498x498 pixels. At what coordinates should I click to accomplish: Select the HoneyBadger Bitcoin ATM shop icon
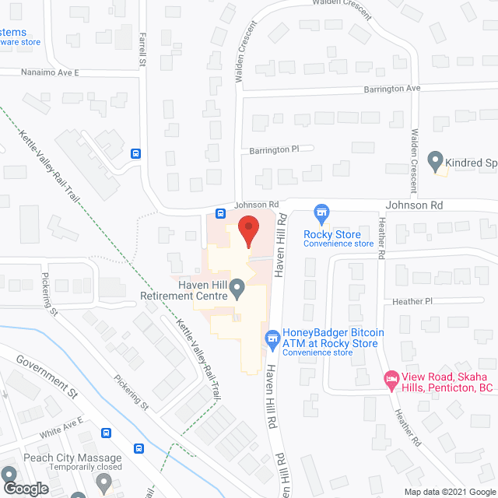pyautogui.click(x=272, y=338)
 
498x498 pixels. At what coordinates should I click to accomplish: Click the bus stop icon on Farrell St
pyautogui.click(x=136, y=153)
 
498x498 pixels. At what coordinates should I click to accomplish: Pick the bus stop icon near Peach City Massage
pyautogui.click(x=139, y=447)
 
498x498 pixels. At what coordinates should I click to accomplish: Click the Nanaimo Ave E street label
pyautogui.click(x=40, y=72)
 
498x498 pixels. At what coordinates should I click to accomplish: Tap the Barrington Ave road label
pyautogui.click(x=391, y=89)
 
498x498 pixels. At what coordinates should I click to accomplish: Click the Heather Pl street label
pyautogui.click(x=413, y=301)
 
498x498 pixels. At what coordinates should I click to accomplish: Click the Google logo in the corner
pyautogui.click(x=25, y=488)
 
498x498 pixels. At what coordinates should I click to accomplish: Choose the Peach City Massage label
pyautogui.click(x=72, y=458)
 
